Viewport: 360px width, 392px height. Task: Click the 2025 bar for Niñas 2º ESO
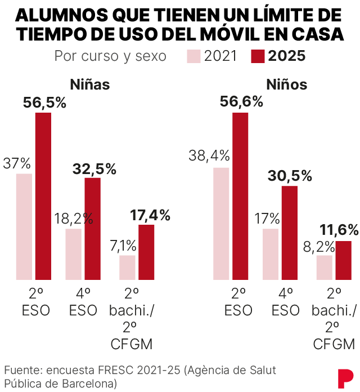point(43,196)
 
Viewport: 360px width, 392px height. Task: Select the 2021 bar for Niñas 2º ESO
point(24,226)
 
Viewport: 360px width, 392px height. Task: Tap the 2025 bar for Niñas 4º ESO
point(93,229)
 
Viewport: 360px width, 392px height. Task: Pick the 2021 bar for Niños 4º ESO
point(271,254)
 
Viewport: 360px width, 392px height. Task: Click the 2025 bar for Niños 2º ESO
point(240,196)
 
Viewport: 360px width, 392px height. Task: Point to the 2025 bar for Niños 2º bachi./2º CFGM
point(343,260)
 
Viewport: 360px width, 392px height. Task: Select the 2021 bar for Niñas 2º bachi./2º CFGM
point(127,268)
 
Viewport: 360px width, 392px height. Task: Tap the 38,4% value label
point(209,155)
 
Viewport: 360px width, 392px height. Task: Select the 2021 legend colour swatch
point(193,56)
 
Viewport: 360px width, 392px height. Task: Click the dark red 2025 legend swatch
point(258,56)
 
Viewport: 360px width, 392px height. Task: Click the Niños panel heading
point(286,85)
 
